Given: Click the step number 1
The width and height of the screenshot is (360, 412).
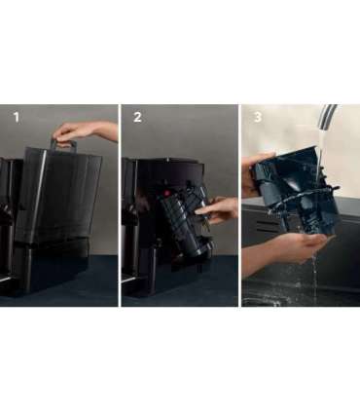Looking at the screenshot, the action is coord(17,117).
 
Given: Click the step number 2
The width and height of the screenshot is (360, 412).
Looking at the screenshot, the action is coord(137,117).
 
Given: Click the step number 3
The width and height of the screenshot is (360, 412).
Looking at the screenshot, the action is coord(258,117).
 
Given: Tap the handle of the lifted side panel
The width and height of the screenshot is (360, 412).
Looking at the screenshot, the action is coord(63,145).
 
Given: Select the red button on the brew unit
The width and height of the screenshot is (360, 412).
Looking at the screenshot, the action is coord(167,193).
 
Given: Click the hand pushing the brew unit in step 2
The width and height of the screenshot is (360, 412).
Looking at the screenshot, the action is coord(216,211).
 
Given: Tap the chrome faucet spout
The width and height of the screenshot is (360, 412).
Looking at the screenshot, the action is coord(326,118).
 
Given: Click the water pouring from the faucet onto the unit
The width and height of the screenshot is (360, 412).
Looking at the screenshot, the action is coord(319,153).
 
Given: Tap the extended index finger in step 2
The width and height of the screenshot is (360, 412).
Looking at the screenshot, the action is coord(203,211).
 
